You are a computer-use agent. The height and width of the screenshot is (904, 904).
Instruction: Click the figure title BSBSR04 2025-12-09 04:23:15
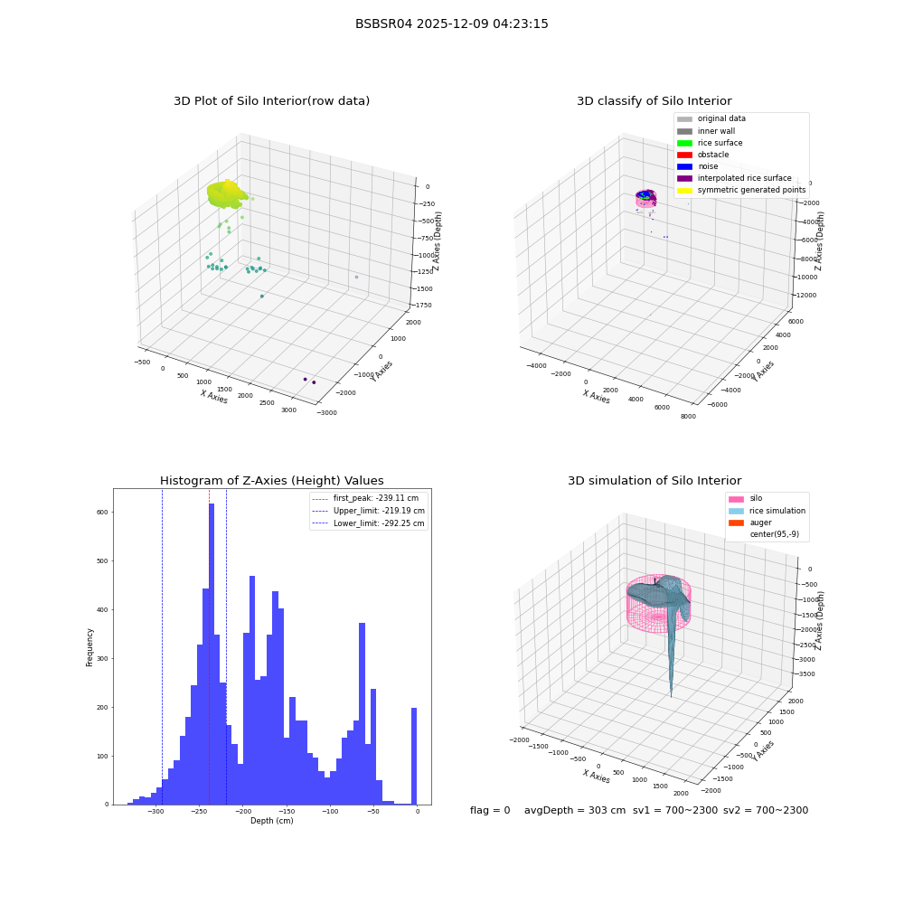[x=451, y=24]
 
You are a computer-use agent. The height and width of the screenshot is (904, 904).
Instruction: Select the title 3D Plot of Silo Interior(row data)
[x=271, y=101]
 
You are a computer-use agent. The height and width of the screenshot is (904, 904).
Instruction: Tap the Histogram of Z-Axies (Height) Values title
[x=271, y=480]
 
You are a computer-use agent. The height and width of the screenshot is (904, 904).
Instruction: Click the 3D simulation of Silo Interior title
[x=654, y=480]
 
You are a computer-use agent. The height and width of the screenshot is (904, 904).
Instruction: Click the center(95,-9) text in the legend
[x=775, y=534]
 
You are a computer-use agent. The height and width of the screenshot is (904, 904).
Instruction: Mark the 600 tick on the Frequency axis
[x=103, y=512]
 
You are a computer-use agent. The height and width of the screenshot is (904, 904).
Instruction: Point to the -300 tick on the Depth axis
[x=155, y=811]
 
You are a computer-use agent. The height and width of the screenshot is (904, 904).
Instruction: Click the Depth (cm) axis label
[x=271, y=821]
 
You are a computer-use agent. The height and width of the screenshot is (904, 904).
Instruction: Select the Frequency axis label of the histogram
[x=89, y=647]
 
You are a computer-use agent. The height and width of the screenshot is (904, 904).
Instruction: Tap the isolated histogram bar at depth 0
[x=414, y=756]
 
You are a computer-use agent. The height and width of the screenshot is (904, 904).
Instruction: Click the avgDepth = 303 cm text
[x=575, y=810]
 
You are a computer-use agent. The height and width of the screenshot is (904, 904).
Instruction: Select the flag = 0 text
[x=490, y=810]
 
